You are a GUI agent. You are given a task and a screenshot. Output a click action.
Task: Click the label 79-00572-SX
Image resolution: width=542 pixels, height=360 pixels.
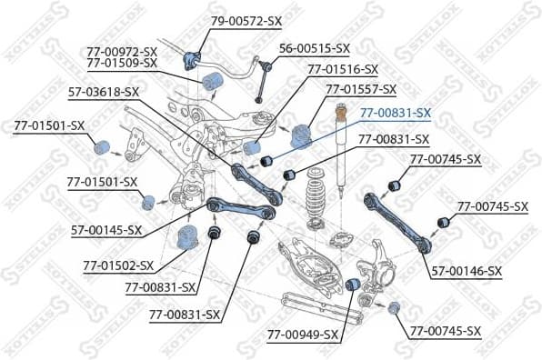pos(248,20)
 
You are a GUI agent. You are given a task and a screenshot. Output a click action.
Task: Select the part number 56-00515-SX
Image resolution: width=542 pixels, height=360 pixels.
pos(314,47)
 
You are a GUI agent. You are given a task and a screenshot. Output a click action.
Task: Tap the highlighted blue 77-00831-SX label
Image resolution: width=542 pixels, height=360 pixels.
pos(396,112)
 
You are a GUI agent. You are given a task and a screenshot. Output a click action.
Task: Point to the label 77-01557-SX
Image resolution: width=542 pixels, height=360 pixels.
pos(361,89)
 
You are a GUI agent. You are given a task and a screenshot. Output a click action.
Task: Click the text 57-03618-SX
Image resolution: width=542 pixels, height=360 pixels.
pos(104,92)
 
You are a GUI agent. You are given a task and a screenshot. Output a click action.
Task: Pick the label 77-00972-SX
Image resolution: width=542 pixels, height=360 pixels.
pos(123,51)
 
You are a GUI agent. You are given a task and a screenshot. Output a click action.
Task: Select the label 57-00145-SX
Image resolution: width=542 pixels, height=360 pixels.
pos(107,230)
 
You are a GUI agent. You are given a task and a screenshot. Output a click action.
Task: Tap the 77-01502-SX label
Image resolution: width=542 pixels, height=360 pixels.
pos(118,265)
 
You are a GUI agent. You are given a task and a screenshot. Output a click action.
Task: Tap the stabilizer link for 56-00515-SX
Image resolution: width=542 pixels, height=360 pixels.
pos(260,76)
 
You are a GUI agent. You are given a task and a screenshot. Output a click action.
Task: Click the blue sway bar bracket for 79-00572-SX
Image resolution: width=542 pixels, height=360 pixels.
pos(190,60)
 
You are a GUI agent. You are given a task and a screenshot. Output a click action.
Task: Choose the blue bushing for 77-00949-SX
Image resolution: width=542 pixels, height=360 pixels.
pos(356,288)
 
